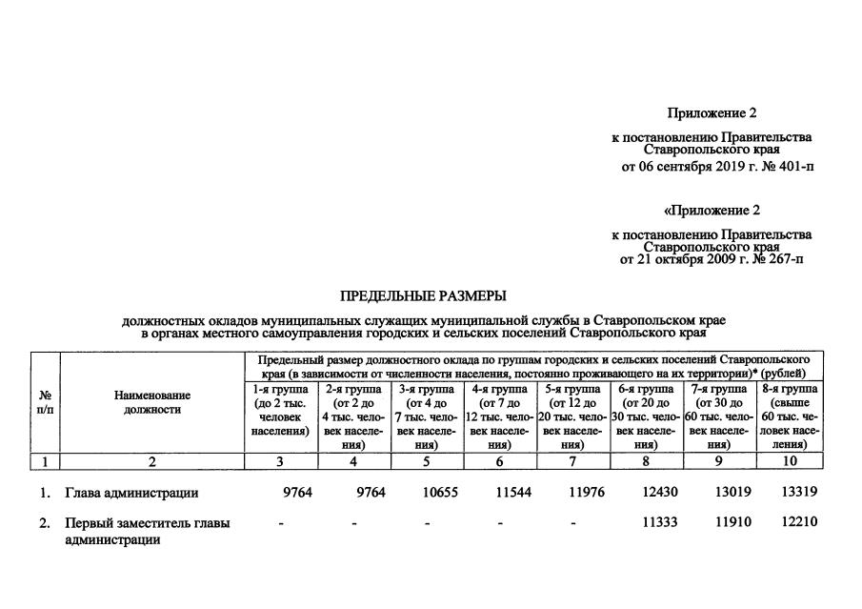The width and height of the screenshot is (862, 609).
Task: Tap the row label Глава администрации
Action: click(x=131, y=493)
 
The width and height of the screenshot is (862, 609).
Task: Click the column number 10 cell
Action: click(x=791, y=461)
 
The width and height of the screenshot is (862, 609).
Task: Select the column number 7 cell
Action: click(x=571, y=461)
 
